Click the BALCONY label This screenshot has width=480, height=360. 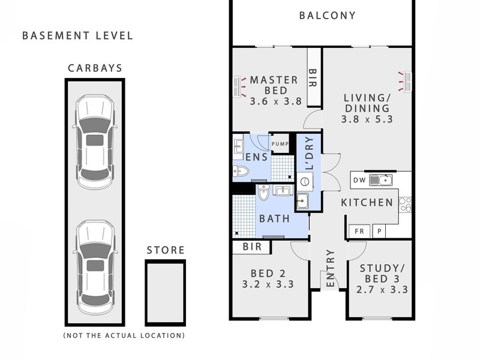[327, 16]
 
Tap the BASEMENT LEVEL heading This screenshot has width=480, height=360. [78, 36]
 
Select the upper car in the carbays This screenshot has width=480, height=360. [95, 142]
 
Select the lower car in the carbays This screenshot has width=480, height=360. [95, 268]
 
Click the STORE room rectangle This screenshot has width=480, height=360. [166, 293]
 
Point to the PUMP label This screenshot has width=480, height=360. [280, 144]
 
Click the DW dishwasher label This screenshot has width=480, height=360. [359, 180]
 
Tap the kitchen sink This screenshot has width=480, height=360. [380, 180]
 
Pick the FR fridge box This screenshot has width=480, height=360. [359, 231]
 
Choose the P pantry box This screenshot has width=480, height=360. [379, 231]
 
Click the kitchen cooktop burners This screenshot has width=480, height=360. [405, 205]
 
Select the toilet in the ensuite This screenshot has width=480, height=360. [241, 171]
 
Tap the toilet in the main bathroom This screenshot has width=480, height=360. [263, 192]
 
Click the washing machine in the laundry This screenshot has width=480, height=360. [305, 182]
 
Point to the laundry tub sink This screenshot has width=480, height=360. [302, 202]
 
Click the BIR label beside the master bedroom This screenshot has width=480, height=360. [312, 78]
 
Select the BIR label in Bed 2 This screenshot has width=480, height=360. [252, 247]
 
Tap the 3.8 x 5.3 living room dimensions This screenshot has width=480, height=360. [367, 119]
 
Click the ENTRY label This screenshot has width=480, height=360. [331, 268]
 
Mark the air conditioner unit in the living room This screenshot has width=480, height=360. [407, 82]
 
